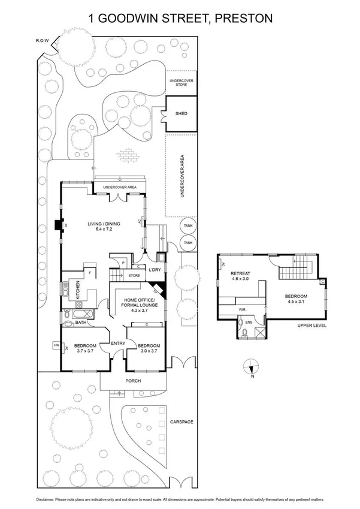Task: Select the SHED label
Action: click(181, 113)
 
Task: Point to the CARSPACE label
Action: click(181, 422)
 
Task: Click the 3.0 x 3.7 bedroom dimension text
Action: click(147, 351)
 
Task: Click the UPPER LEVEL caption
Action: click(312, 326)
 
